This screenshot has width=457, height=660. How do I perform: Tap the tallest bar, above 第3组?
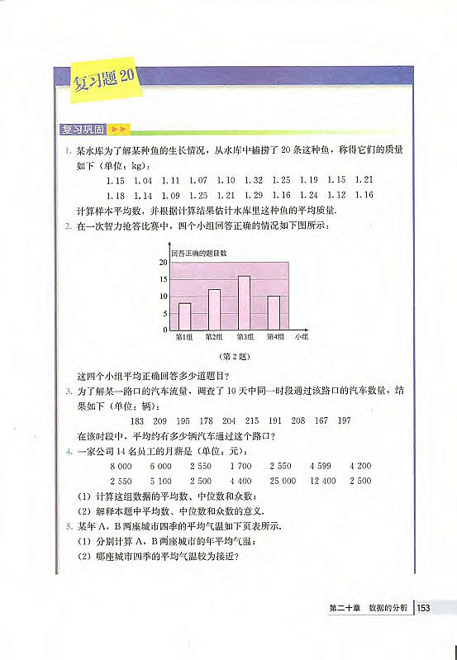point(244,302)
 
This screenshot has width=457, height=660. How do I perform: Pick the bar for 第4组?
point(274,312)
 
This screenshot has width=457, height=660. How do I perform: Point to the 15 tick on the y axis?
point(164,279)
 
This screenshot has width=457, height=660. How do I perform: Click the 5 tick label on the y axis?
point(165,313)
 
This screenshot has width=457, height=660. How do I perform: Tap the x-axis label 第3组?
point(245,337)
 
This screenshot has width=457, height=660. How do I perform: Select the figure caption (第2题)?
point(229,357)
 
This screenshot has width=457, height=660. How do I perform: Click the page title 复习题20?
point(104,81)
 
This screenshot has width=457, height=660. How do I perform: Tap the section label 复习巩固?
point(83,130)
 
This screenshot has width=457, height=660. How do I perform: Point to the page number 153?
point(425,609)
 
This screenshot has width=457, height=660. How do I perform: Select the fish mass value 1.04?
point(142,180)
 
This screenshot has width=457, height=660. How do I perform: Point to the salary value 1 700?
point(240,466)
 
